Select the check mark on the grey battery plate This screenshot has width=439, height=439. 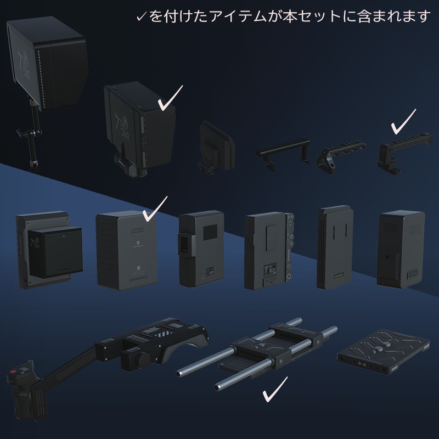click(x=155, y=208)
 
